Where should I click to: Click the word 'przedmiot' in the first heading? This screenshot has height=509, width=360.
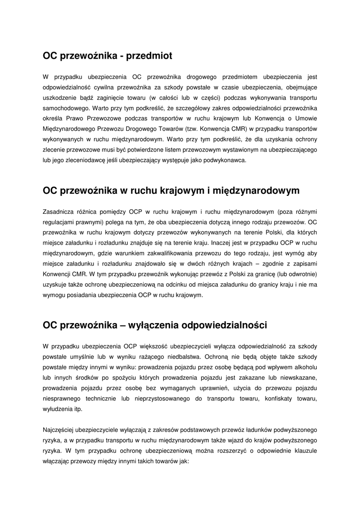coord(148,56)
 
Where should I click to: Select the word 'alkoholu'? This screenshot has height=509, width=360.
coord(304,367)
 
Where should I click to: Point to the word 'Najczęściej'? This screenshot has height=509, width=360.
coord(61,429)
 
